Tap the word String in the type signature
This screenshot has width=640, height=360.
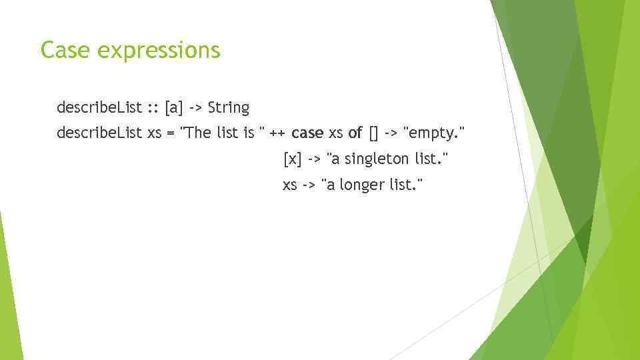(x=228, y=107)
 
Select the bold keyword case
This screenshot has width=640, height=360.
(x=307, y=133)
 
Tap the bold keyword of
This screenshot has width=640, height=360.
(x=355, y=133)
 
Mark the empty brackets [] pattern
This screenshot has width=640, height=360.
(x=373, y=133)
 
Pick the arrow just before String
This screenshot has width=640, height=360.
(x=196, y=108)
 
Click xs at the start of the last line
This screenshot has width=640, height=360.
(x=290, y=185)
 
